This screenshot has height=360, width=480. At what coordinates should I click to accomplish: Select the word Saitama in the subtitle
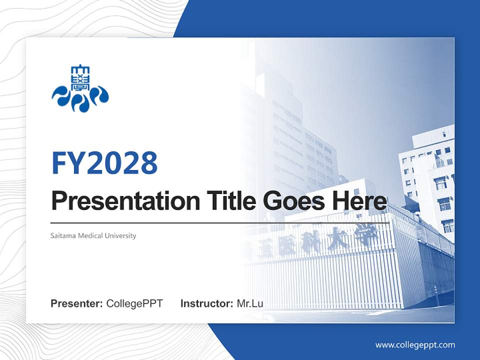click(x=63, y=235)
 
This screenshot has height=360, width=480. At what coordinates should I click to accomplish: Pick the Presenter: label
click(x=77, y=303)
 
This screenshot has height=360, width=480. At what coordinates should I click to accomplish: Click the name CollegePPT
click(x=134, y=303)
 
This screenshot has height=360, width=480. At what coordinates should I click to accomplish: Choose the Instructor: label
click(x=206, y=303)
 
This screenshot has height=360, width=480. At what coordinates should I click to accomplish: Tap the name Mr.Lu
click(x=250, y=303)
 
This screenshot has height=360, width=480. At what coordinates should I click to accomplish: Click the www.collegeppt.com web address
click(x=415, y=344)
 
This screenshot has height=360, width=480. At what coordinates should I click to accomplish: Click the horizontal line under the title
click(x=220, y=222)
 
